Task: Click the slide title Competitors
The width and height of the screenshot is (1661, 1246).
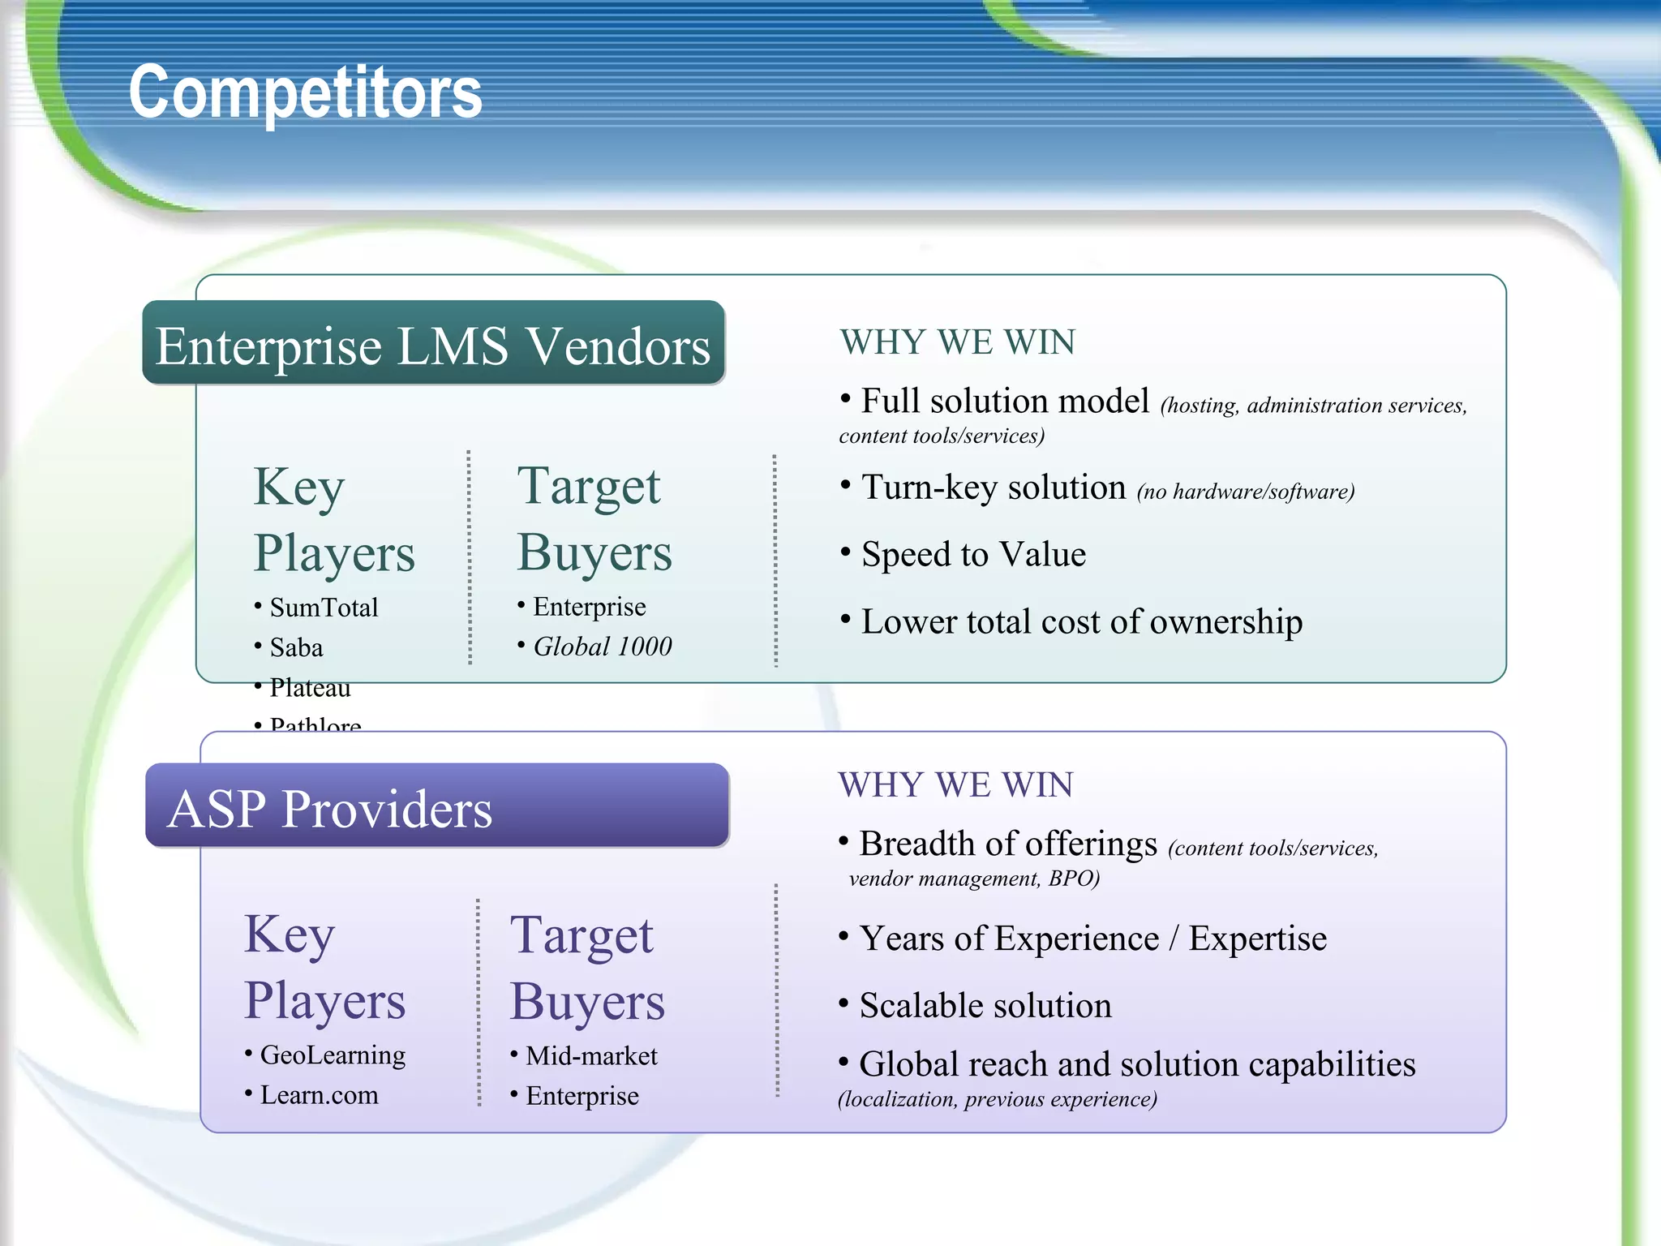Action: pyautogui.click(x=305, y=92)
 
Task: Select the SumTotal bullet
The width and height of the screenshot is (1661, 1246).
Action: pyautogui.click(x=324, y=608)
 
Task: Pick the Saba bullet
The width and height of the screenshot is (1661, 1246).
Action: pyautogui.click(x=296, y=647)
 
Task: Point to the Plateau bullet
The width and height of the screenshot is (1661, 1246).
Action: pyautogui.click(x=310, y=688)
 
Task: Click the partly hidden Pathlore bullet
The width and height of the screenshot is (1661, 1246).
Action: pyautogui.click(x=315, y=724)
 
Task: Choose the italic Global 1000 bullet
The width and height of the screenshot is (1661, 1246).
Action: pyautogui.click(x=602, y=647)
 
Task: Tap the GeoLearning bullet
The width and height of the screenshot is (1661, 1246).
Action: pyautogui.click(x=333, y=1055)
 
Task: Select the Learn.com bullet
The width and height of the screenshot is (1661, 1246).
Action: pyautogui.click(x=319, y=1095)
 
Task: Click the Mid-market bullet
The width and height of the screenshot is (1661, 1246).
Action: pyautogui.click(x=591, y=1055)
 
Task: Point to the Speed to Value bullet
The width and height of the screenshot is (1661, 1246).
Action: pyautogui.click(x=973, y=555)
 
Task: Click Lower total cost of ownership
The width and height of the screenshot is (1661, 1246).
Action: pyautogui.click(x=1081, y=622)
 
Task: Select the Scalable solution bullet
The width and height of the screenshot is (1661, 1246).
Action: pyautogui.click(x=985, y=1006)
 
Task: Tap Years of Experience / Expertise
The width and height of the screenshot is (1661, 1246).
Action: pyautogui.click(x=1092, y=939)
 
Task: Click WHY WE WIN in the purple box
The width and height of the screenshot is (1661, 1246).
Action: pyautogui.click(x=955, y=785)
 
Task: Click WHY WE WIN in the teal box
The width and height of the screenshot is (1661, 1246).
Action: pyautogui.click(x=957, y=342)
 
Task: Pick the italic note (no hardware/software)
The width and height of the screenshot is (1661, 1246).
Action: pyautogui.click(x=1245, y=492)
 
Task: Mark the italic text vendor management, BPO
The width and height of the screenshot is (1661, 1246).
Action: pyautogui.click(x=973, y=879)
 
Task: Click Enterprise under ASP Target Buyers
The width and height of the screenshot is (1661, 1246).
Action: pyautogui.click(x=582, y=1096)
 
